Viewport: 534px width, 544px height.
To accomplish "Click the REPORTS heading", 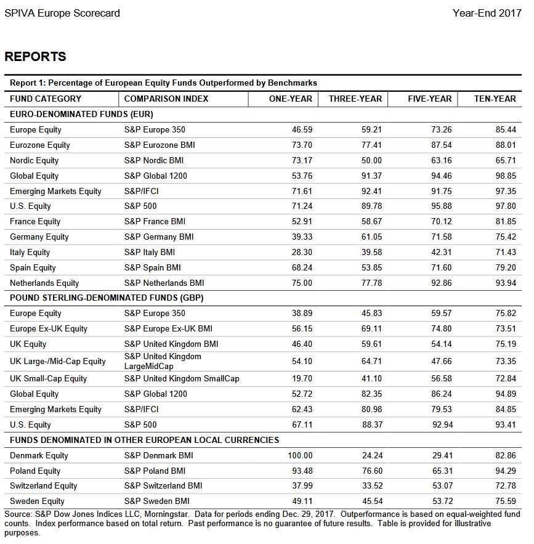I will tap(35, 57).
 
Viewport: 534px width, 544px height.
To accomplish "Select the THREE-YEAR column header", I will tap(355, 99).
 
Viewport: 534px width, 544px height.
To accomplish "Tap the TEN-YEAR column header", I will tap(495, 99).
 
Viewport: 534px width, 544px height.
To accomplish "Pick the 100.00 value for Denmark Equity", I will tap(300, 455).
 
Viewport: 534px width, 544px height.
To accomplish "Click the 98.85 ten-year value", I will tap(505, 176).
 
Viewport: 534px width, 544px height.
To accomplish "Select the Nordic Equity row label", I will tap(34, 160).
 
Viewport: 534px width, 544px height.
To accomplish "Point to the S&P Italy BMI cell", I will tap(150, 252).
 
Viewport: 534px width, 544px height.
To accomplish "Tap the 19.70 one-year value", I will tap(302, 378).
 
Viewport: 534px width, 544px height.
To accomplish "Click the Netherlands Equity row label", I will tap(44, 283).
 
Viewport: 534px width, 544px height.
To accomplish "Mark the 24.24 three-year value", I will tap(372, 455).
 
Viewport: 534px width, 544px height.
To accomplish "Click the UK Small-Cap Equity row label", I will tap(48, 378).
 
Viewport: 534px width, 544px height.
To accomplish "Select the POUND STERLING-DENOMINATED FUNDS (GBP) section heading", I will tap(107, 298).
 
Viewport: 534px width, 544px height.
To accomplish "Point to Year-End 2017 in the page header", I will tap(487, 13).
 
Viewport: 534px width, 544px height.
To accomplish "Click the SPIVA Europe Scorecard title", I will tap(62, 13).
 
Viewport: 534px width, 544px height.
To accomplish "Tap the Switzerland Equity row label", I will tap(44, 485).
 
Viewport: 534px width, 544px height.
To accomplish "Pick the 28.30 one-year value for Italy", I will tap(302, 252).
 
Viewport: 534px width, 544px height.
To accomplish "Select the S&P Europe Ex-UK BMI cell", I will tap(168, 328).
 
